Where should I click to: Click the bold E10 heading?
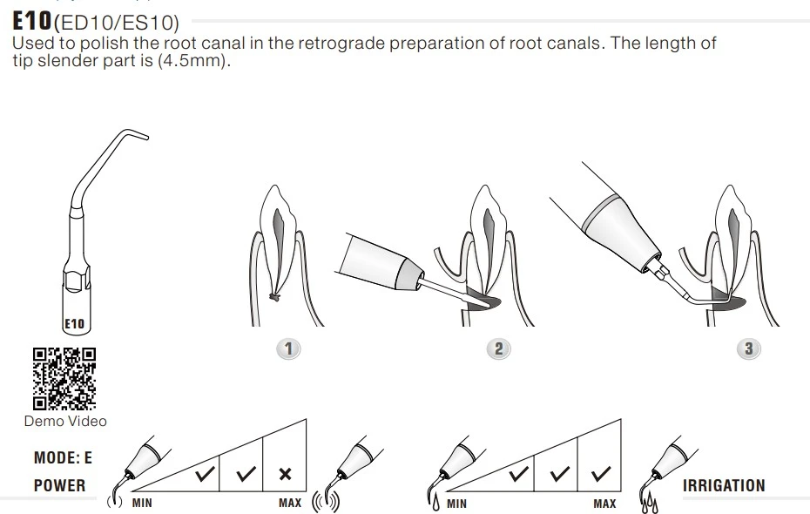(x=32, y=21)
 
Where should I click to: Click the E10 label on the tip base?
(x=74, y=324)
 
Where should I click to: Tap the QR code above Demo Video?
(x=64, y=379)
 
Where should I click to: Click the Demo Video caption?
(x=65, y=421)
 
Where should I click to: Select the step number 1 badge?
(x=288, y=348)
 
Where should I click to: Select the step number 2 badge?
(x=498, y=348)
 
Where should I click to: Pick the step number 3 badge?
(x=748, y=348)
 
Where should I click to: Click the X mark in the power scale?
(x=285, y=474)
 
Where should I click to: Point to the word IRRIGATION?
(x=724, y=485)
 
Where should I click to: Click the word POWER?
(x=59, y=485)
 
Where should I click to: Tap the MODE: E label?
(x=63, y=457)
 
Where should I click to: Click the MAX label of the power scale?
(x=290, y=503)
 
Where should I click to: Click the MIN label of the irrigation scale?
(x=456, y=504)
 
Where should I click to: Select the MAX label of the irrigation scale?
(x=604, y=504)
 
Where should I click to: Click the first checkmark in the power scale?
(x=205, y=474)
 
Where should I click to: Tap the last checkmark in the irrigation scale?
(x=601, y=474)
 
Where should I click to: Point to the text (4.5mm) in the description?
(x=192, y=60)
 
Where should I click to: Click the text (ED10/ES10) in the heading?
(x=117, y=24)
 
